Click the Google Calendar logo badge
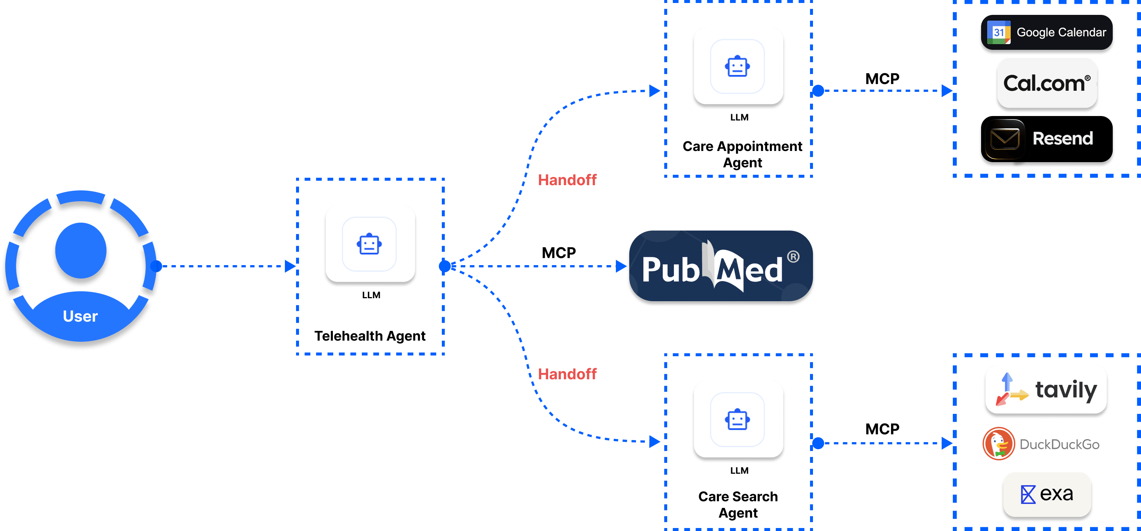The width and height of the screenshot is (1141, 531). point(1046,33)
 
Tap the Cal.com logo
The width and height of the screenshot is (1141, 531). point(1047,84)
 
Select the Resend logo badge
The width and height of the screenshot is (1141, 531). point(1046,139)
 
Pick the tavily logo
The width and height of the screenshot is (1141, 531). point(1046,390)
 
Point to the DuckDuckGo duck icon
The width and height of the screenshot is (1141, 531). point(998,443)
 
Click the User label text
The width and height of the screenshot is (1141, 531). point(80,316)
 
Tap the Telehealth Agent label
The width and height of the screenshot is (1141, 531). point(370,336)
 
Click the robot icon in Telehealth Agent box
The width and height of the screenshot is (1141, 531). point(369,244)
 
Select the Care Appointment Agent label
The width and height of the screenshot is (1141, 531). point(742,154)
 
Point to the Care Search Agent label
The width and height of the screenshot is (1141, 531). point(738,505)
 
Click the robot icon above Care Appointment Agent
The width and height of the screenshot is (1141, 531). point(737,67)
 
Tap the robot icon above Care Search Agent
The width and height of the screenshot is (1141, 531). point(737,419)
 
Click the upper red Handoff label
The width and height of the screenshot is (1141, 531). point(568,180)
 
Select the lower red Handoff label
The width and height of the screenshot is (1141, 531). point(568,374)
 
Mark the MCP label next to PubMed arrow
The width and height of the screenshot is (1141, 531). point(559,252)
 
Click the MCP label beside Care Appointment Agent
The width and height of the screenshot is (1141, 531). point(882,78)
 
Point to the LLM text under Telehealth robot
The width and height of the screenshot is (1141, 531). point(371,295)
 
